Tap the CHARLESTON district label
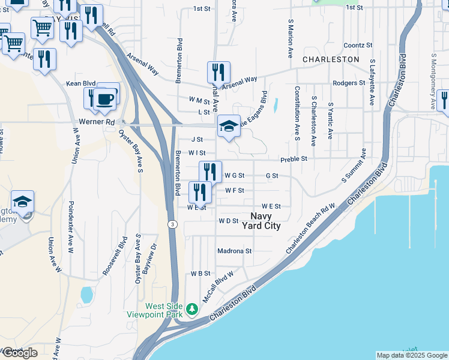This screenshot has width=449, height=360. [331, 60]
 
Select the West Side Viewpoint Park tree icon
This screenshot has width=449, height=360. [192, 310]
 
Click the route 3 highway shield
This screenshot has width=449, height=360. [172, 224]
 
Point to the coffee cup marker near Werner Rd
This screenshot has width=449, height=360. [105, 98]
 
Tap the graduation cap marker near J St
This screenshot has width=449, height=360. [228, 127]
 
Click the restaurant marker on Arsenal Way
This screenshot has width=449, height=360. [218, 73]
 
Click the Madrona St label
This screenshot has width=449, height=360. [235, 251]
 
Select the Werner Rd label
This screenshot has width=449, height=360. [96, 122]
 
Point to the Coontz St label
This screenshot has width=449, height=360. [358, 46]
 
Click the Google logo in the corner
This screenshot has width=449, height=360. [20, 353]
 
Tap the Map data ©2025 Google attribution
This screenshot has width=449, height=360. [411, 355]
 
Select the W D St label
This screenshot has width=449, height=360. [229, 221]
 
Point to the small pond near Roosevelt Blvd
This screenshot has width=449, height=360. [86, 295]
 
